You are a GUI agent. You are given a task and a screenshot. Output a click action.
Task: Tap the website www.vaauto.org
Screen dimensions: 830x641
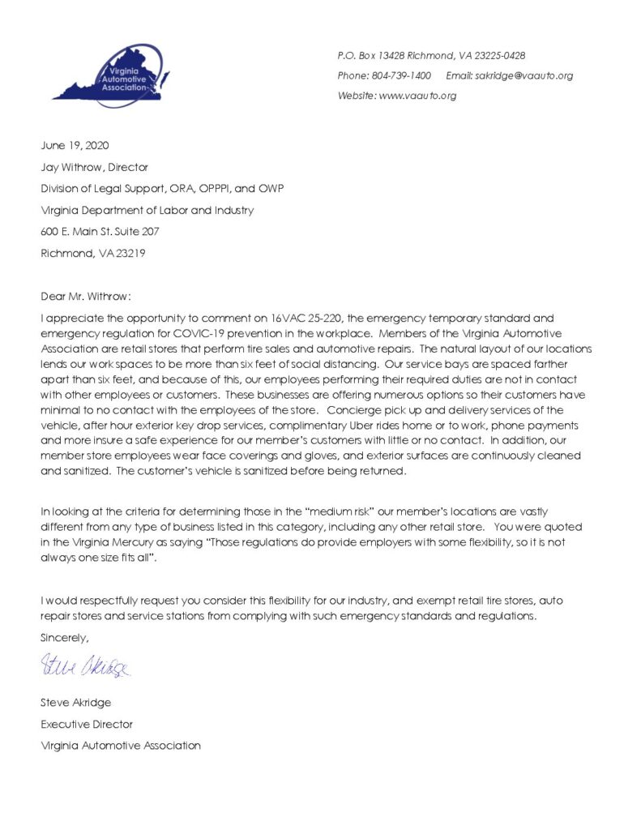pos(417,96)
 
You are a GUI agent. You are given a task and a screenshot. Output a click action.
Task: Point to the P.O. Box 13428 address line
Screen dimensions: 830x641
pos(431,56)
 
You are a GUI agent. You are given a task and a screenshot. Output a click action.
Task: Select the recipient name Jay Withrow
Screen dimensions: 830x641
pos(71,167)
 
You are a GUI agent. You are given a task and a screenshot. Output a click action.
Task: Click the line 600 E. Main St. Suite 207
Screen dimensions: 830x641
pos(100,231)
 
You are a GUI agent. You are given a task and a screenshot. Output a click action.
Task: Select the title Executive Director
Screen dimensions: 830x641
pos(87,724)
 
